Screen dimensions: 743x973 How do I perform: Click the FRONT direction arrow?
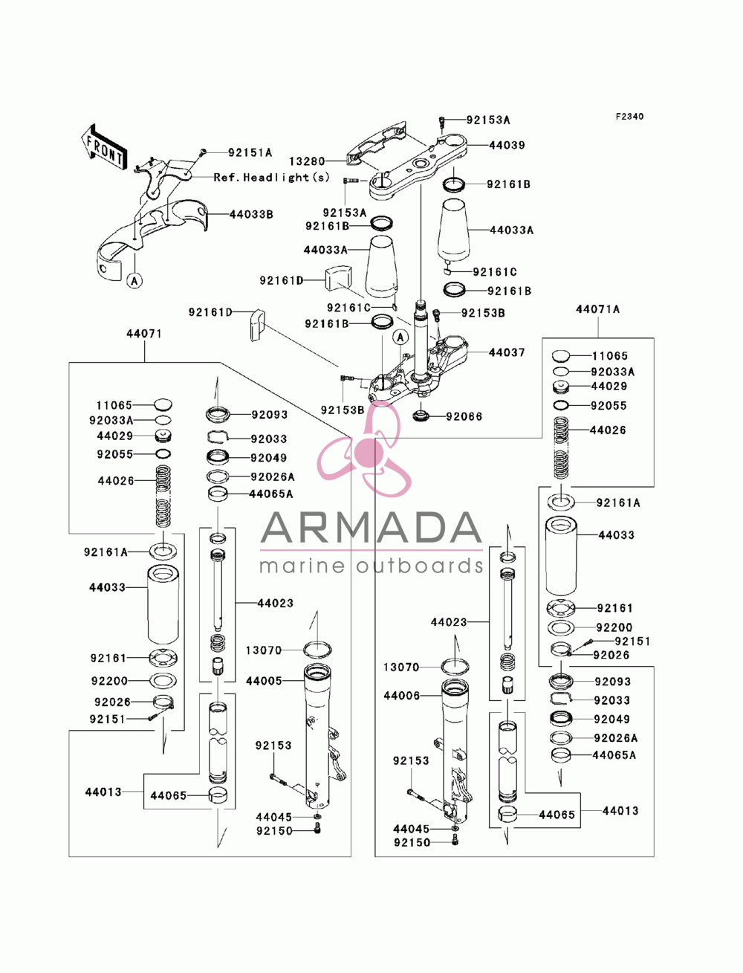coord(104,146)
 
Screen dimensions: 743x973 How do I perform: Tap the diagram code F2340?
coord(629,117)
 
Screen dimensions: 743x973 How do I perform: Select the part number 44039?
coord(507,145)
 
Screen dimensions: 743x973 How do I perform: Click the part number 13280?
coord(307,161)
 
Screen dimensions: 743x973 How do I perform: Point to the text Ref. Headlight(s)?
coord(272,178)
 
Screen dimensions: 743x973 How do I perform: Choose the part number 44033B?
coord(251,215)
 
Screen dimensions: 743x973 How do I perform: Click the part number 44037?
coord(507,352)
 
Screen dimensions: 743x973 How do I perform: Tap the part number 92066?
coord(464,416)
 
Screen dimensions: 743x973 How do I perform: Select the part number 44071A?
coord(597,309)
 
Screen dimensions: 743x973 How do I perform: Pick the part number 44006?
coord(402,696)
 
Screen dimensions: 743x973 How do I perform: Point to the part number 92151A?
coord(250,152)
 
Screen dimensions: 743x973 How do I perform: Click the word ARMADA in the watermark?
coord(371,528)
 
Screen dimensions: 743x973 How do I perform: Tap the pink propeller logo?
coord(364,449)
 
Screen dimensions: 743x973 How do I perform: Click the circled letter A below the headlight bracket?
coord(134,280)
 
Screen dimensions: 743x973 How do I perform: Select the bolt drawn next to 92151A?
coord(203,152)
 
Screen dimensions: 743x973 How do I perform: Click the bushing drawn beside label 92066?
coord(421,416)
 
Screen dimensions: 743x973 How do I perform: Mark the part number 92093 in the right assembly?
coord(613,682)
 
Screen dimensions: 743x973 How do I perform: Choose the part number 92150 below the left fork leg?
coord(274,831)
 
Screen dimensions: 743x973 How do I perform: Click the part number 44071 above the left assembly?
coord(144,333)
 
